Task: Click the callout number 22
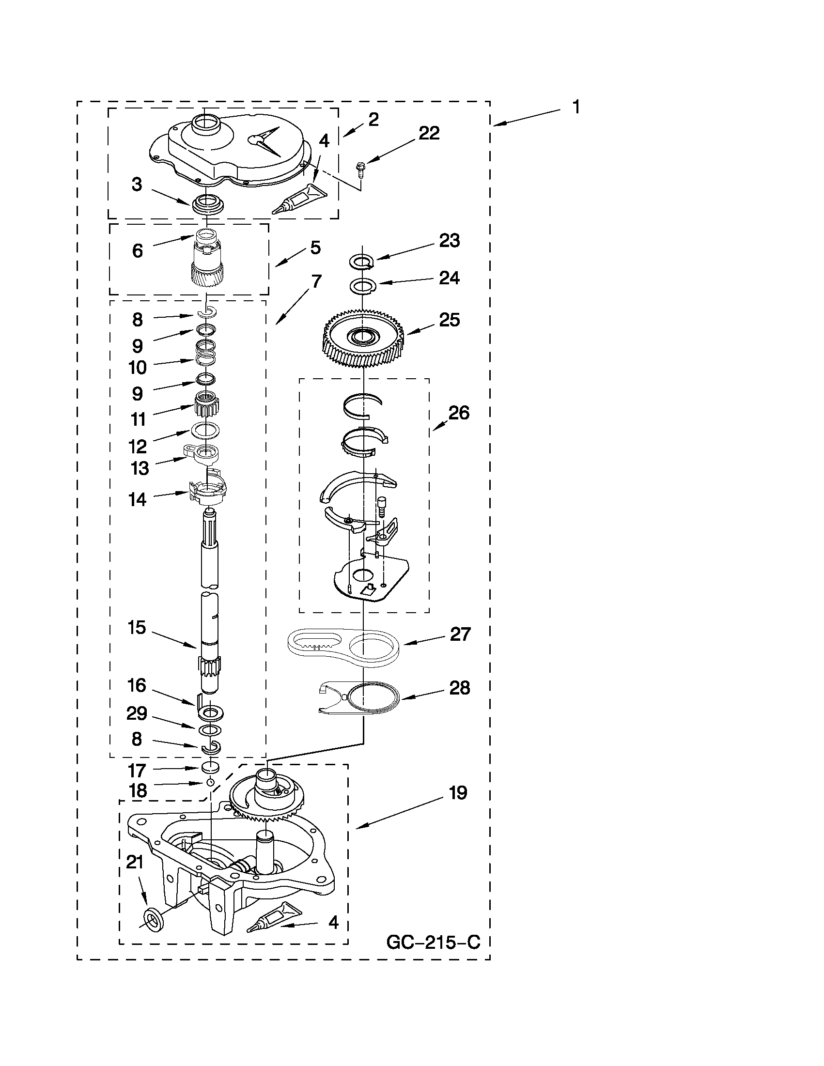(x=429, y=133)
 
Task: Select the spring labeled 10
(x=206, y=353)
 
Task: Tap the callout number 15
(x=137, y=628)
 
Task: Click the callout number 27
(x=460, y=634)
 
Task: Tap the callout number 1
(x=576, y=107)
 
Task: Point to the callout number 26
(x=459, y=413)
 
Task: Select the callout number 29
(x=137, y=713)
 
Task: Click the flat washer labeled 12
(x=205, y=430)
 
